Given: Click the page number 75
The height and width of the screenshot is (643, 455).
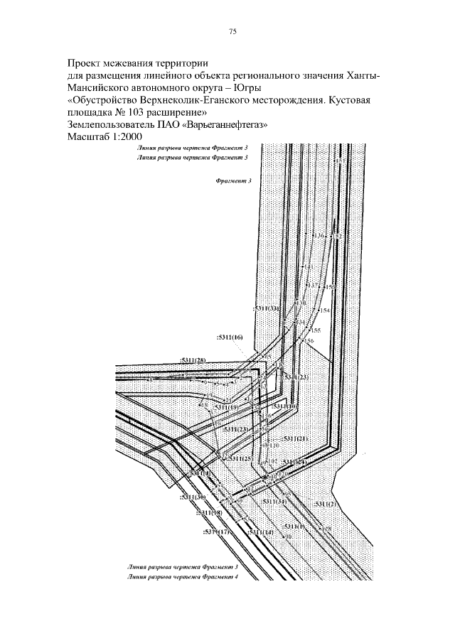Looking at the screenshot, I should pyautogui.click(x=232, y=31).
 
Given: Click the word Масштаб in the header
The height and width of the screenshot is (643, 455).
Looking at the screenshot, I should pyautogui.click(x=87, y=136).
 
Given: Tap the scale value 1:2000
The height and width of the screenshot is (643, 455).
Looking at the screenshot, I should pyautogui.click(x=127, y=136).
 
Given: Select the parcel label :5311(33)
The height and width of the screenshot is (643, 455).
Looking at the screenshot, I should pyautogui.click(x=266, y=308).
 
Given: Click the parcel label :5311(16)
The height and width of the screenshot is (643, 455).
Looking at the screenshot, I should pyautogui.click(x=229, y=337).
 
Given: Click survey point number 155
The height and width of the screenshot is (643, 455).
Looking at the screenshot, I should pyautogui.click(x=316, y=330).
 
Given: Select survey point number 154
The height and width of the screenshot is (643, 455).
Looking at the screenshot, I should pyautogui.click(x=325, y=310).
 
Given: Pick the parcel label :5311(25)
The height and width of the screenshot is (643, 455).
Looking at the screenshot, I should pyautogui.click(x=241, y=459).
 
